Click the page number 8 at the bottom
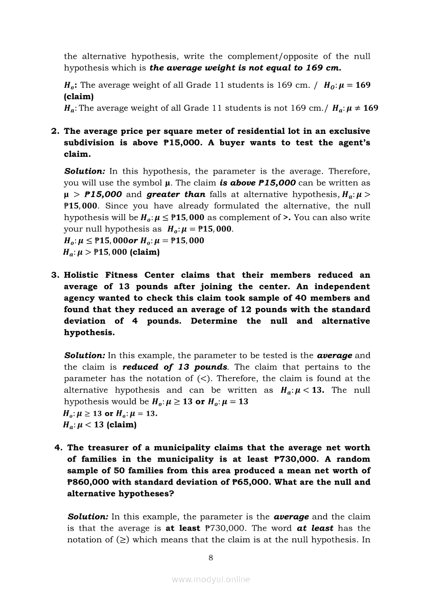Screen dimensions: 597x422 [210, 558]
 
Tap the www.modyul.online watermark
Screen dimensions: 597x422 [210, 579]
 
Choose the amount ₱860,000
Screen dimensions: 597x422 [88, 482]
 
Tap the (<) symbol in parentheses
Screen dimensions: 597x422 [202, 378]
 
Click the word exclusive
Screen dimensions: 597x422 [346, 131]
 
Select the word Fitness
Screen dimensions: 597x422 [131, 275]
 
